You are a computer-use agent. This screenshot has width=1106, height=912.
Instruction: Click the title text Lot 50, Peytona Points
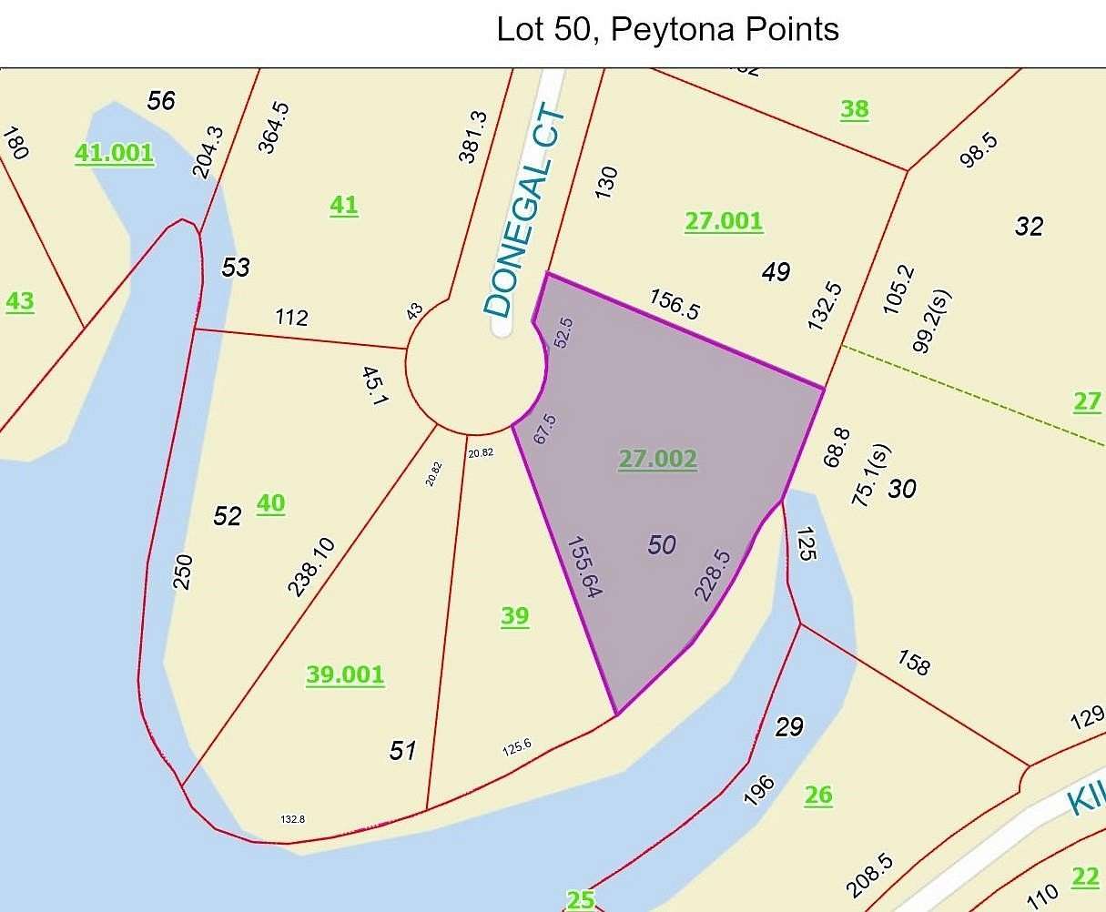pyautogui.click(x=666, y=29)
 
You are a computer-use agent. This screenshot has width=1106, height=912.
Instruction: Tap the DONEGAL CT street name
pyautogui.click(x=526, y=215)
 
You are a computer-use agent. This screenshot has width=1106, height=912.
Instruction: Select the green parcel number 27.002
pyautogui.click(x=657, y=459)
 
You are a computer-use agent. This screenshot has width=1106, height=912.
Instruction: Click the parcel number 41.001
pyautogui.click(x=114, y=153)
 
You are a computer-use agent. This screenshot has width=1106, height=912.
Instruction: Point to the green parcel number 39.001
pyautogui.click(x=345, y=674)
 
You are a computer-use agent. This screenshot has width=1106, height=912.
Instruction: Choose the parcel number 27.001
pyautogui.click(x=724, y=221)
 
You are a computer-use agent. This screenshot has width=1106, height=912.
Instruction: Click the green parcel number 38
pyautogui.click(x=854, y=109)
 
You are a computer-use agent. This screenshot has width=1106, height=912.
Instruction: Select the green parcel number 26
pyautogui.click(x=817, y=795)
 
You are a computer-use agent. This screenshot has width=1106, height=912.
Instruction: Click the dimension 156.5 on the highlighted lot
pyautogui.click(x=675, y=304)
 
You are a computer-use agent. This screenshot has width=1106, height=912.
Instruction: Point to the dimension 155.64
pyautogui.click(x=585, y=566)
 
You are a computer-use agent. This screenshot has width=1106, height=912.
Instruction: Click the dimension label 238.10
pyautogui.click(x=311, y=566)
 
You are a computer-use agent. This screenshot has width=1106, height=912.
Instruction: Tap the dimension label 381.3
pyautogui.click(x=472, y=137)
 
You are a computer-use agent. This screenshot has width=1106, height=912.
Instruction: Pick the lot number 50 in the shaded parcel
pyautogui.click(x=662, y=545)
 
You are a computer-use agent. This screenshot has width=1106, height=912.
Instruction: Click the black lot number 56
pyautogui.click(x=160, y=100)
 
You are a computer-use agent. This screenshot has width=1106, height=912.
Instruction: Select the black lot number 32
pyautogui.click(x=1029, y=226)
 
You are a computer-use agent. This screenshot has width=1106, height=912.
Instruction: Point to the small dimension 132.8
pyautogui.click(x=292, y=819)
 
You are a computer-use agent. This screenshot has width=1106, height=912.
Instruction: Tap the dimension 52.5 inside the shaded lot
pyautogui.click(x=563, y=333)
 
